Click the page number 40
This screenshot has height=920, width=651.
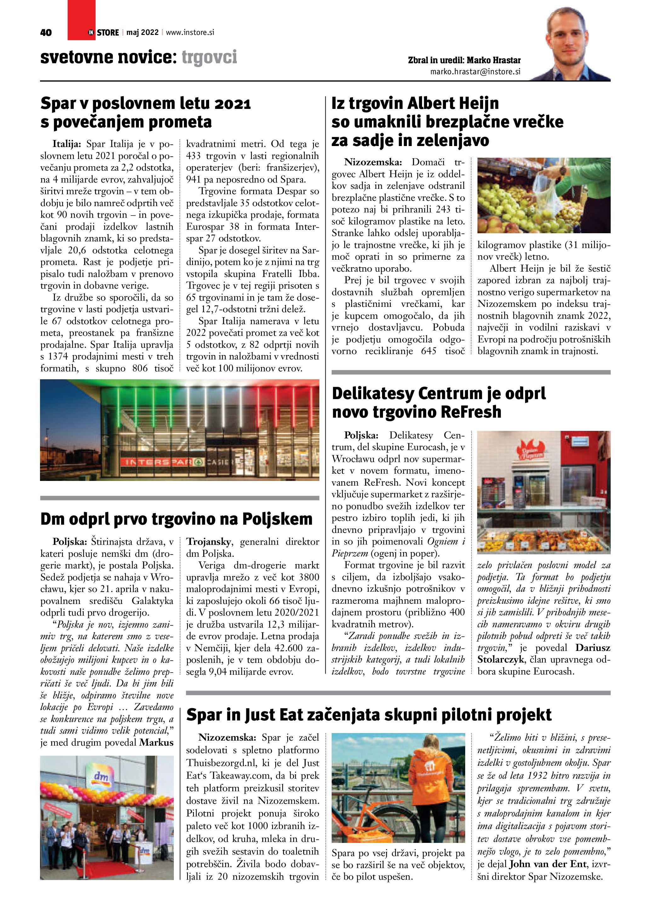point(46,33)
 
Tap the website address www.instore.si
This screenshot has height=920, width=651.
point(190,32)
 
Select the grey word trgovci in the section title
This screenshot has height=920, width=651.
point(209,57)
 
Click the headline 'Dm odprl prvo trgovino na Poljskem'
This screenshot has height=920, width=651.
point(176,519)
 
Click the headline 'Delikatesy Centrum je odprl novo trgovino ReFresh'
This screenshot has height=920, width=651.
point(439,402)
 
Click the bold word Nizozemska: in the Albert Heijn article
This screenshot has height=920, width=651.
point(373,162)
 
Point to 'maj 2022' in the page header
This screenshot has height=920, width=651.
point(142,32)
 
